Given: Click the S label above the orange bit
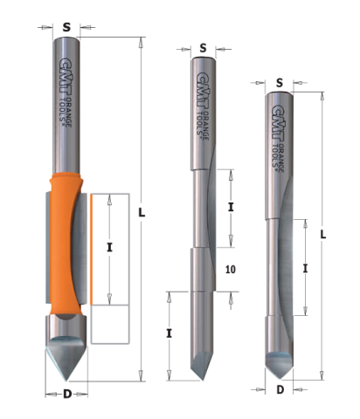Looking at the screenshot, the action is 66,27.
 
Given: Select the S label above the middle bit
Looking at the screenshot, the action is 203,48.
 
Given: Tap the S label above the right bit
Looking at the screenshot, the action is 280,83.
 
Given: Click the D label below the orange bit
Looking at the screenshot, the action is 67,394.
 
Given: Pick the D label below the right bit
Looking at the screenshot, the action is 280,389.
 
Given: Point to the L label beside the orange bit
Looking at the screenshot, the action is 142,213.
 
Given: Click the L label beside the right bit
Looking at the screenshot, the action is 322,235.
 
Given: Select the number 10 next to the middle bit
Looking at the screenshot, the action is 231,270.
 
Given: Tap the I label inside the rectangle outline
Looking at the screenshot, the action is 109,248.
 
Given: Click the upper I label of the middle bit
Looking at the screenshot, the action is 231,207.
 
